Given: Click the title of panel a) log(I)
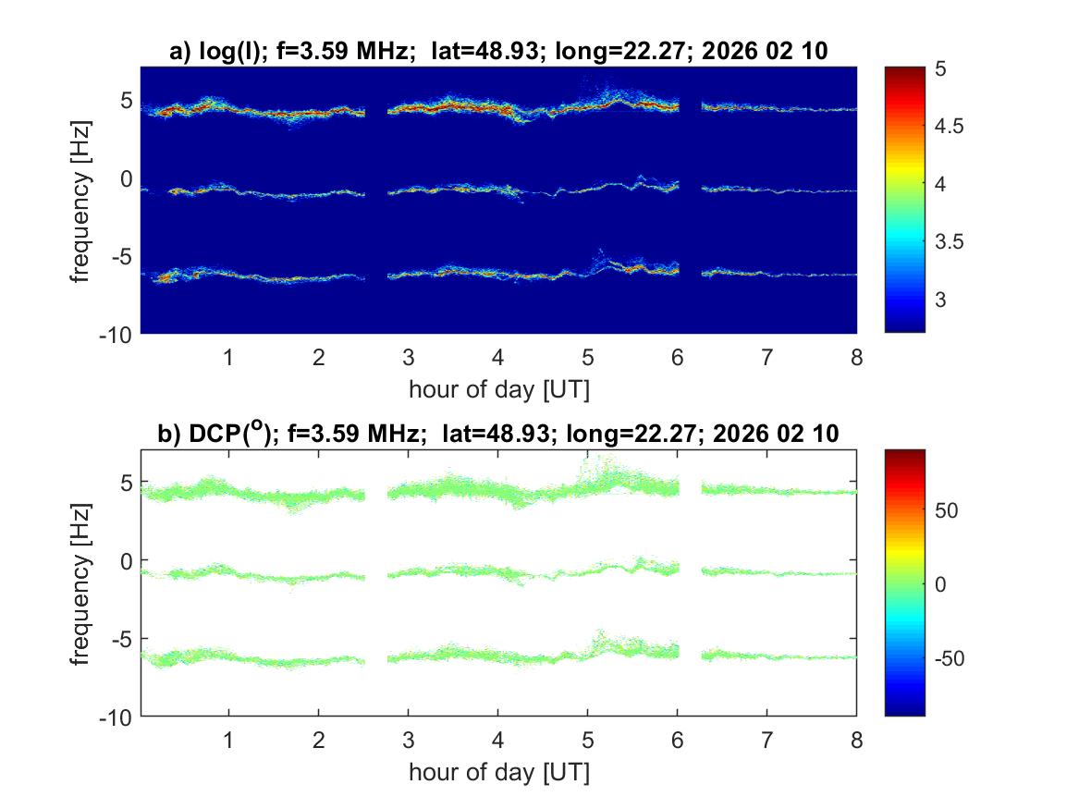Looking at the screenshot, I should tap(498, 53).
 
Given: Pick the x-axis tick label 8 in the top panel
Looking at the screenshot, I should tap(856, 357).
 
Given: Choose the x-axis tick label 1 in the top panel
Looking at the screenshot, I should tap(227, 357).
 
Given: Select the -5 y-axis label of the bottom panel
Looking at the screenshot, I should tap(122, 638).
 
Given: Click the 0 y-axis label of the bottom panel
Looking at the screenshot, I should tap(129, 560).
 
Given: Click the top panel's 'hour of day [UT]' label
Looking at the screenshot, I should tap(498, 389).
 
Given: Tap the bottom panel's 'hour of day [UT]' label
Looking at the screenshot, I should tap(498, 773).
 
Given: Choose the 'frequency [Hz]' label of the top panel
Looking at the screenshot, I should tap(82, 199).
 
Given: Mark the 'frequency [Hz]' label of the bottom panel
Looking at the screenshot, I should tap(82, 582).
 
